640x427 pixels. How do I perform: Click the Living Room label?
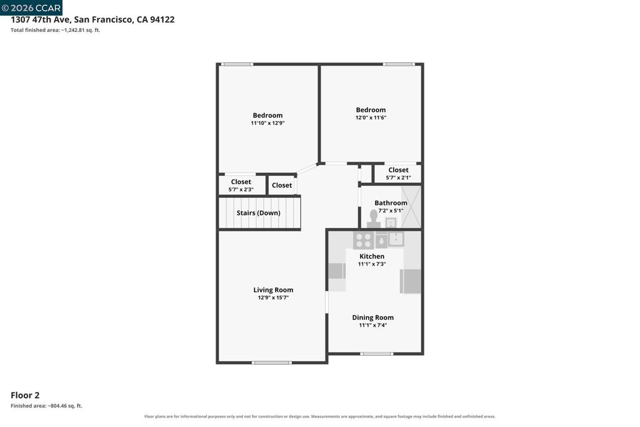point(273,290)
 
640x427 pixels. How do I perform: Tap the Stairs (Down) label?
point(258,213)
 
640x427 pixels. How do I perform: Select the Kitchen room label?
point(372,257)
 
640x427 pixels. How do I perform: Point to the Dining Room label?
point(373,318)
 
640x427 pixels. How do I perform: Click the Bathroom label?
point(391,203)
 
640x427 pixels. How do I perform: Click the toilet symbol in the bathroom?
point(374,219)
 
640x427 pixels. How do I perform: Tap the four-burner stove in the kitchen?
point(363,240)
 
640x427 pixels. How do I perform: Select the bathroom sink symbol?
point(391,223)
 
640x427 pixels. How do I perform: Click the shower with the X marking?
point(411,207)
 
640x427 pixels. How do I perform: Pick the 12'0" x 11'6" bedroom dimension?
point(371,118)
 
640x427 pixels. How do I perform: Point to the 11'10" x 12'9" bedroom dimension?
point(267,123)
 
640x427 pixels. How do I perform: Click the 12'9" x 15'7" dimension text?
point(273,298)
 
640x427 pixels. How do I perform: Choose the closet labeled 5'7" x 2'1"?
point(398,174)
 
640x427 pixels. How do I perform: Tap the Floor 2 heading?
point(25,395)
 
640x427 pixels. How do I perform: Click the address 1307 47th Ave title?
point(92,19)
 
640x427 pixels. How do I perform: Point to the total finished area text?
point(55,30)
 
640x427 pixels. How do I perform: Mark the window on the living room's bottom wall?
point(272,363)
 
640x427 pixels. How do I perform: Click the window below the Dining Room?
point(377,354)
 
